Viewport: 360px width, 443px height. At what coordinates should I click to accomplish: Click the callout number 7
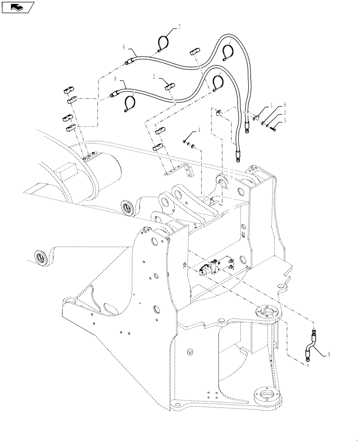(x=180, y=27)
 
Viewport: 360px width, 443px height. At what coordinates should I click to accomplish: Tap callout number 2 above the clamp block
(x=154, y=77)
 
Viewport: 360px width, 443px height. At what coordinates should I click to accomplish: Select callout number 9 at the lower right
(x=328, y=354)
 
